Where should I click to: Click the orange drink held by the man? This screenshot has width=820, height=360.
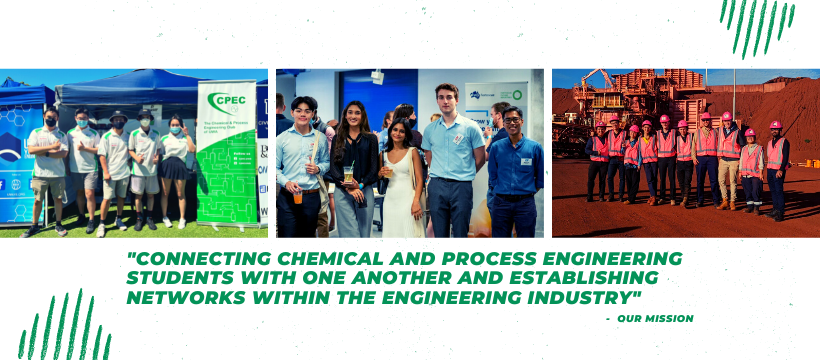(298, 195)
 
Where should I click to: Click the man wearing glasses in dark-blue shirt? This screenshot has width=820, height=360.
(513, 170)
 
